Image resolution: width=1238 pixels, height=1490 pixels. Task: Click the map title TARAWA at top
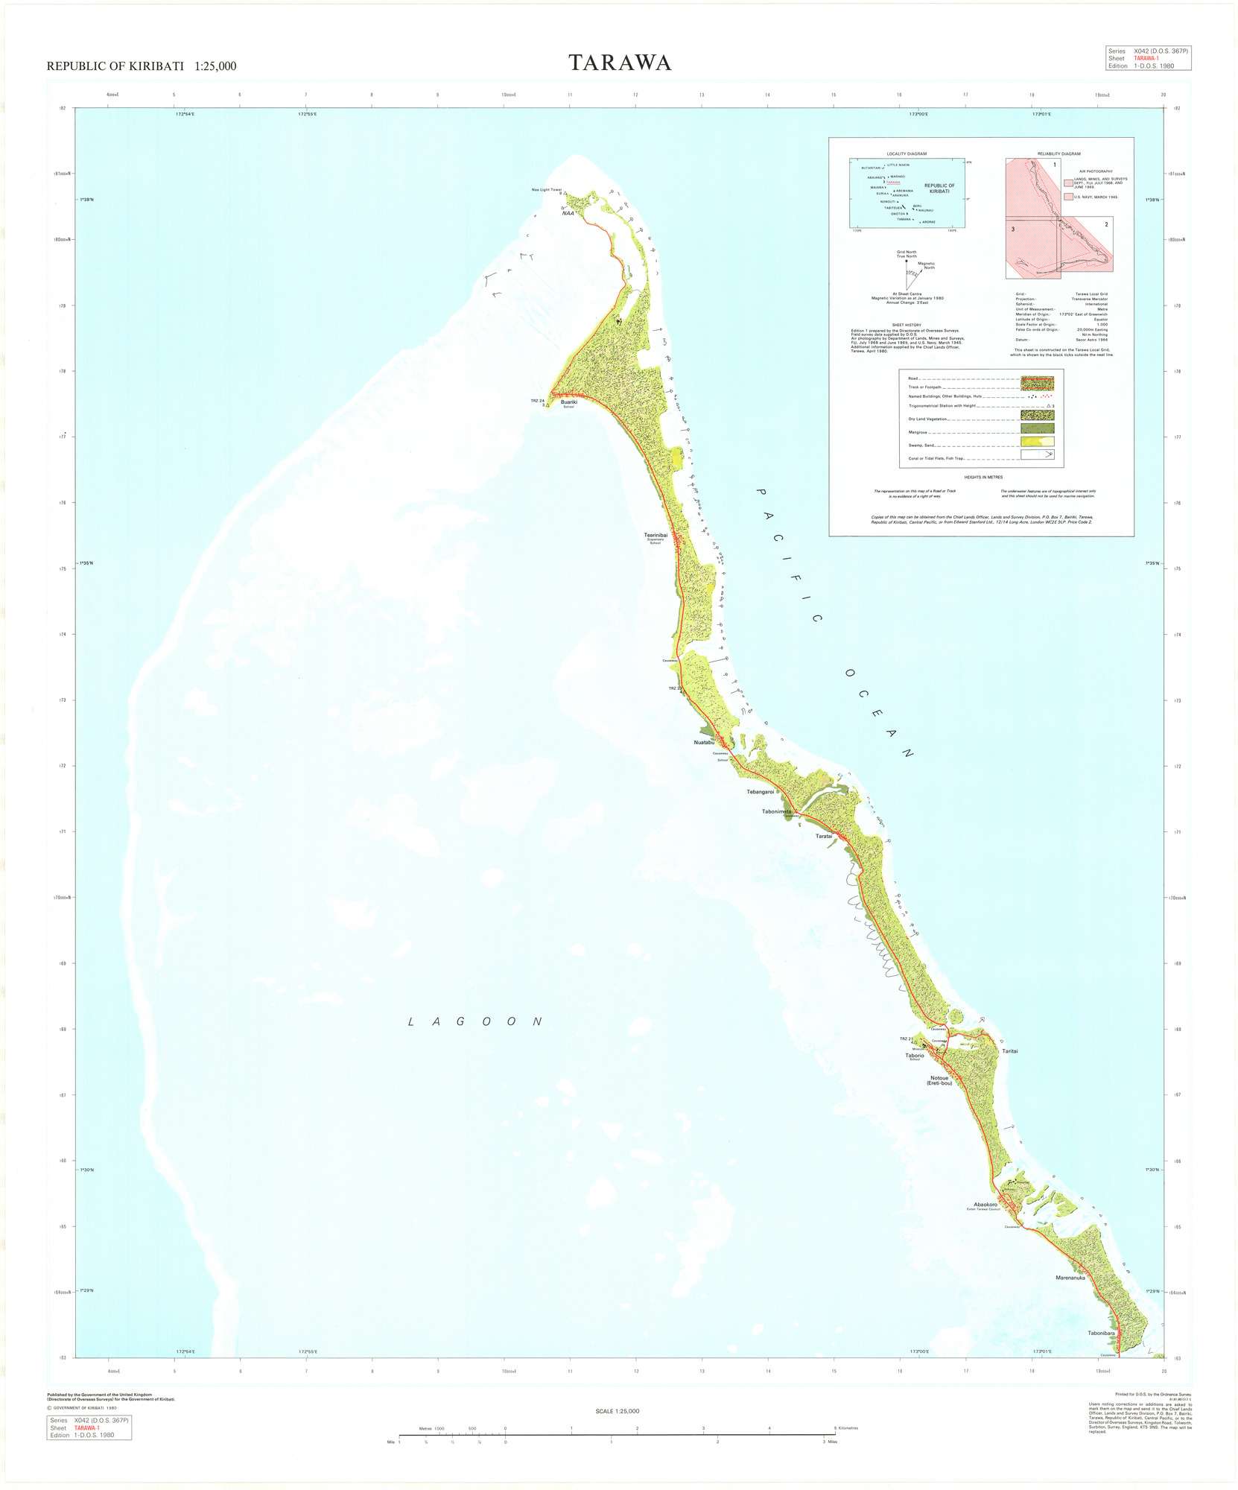(x=620, y=63)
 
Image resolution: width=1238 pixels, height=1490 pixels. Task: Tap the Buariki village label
(x=568, y=402)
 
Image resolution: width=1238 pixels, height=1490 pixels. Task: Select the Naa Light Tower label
(x=546, y=190)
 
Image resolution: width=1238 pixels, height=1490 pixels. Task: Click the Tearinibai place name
(x=655, y=535)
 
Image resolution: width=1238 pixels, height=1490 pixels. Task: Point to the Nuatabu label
(x=704, y=743)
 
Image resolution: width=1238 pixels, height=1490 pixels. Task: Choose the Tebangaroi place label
(x=761, y=792)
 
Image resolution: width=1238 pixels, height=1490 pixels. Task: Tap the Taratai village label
(x=823, y=836)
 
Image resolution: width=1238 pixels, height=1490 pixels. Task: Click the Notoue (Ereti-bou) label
(x=939, y=1080)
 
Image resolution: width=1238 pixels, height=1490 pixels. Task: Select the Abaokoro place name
(x=985, y=1205)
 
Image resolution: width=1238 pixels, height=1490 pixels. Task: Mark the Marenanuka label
(x=1070, y=1278)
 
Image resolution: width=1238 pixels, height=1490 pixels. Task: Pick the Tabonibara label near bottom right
(x=1101, y=1334)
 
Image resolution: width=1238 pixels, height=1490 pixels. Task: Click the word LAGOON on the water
(x=475, y=1021)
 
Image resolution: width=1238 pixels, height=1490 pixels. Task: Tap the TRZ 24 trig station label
(x=537, y=401)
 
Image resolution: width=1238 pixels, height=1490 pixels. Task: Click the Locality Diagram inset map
(x=907, y=192)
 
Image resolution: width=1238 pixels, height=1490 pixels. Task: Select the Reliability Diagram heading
(x=1058, y=153)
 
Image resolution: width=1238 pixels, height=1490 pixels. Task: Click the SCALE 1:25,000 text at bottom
(x=617, y=1411)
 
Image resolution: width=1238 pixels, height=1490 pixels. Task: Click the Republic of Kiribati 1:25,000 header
(x=142, y=66)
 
